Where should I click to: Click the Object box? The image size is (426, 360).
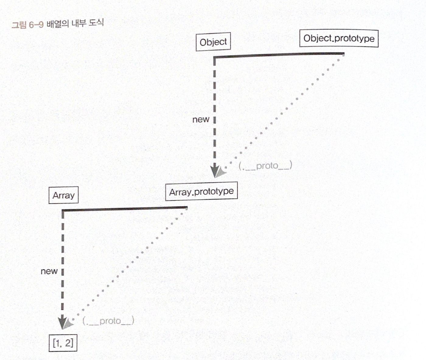click(213, 42)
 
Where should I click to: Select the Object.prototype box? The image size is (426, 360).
click(339, 38)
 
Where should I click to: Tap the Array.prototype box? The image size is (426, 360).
click(201, 192)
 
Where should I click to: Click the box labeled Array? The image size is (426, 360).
click(63, 195)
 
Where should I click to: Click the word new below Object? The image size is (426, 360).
click(201, 119)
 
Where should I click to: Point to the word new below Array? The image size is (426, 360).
click(49, 271)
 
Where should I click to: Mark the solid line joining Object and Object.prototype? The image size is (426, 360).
click(278, 55)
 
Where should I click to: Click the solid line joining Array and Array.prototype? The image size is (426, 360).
click(125, 209)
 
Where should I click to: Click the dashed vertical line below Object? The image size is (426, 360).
click(215, 100)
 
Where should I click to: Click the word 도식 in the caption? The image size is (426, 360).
click(96, 22)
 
